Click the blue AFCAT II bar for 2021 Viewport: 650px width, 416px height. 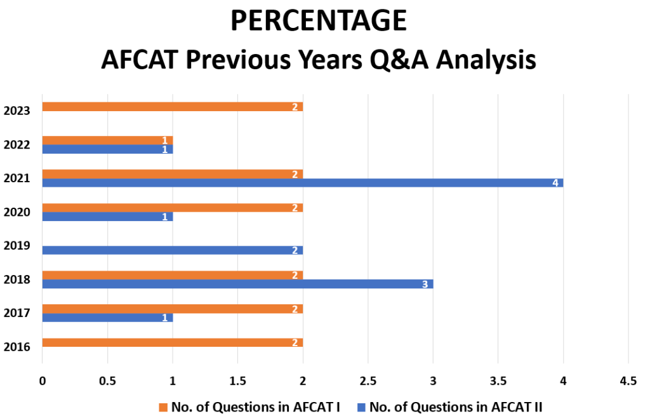pos(303,182)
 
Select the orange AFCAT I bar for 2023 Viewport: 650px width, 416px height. pos(173,107)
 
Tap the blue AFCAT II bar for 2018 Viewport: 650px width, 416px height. pos(237,284)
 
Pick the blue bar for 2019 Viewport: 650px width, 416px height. pos(173,250)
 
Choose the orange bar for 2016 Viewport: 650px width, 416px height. pos(173,342)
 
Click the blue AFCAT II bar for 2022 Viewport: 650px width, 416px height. pos(107,149)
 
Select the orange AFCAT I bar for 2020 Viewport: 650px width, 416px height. pos(173,208)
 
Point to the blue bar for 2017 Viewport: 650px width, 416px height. pos(107,318)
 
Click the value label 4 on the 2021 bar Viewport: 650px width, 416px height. pos(555,183)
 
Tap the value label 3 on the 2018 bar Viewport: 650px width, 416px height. pos(425,284)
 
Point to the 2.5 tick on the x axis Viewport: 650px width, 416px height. pos(368,380)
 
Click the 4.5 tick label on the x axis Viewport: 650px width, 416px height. pos(628,380)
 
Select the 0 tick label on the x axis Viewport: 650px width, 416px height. pos(43,380)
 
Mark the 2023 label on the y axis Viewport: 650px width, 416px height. pos(17,111)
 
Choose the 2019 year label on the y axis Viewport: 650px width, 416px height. pos(17,246)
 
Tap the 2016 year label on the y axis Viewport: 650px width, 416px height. pos(17,347)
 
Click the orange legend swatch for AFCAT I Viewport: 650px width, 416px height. pos(163,407)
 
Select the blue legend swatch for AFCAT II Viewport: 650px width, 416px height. pos(361,407)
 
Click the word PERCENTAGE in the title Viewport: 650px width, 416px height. pos(319,20)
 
